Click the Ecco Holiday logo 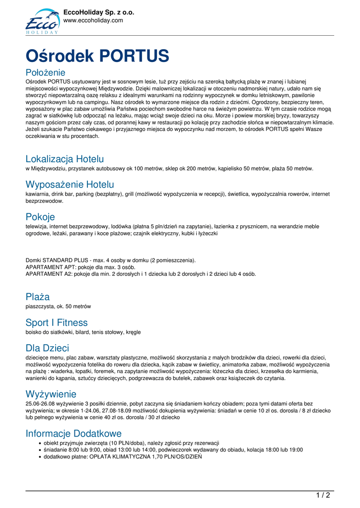click(42, 21)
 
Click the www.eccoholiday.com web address click(93, 20)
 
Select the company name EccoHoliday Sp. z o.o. click(99, 12)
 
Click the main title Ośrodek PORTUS click(97, 55)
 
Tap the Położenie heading click(45, 72)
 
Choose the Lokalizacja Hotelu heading click(65, 159)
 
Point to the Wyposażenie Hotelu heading click(70, 185)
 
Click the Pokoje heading click(40, 217)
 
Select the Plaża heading click(38, 297)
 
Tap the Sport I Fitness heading click(57, 322)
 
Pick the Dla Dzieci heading click(47, 348)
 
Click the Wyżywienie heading click(51, 394)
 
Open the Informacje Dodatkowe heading click(73, 433)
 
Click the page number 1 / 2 click(323, 495)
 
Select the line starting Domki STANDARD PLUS click(110, 260)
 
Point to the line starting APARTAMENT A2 click(141, 273)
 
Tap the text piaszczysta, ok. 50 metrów click(58, 306)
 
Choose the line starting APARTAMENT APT click(80, 267)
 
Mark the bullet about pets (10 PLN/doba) click(131, 443)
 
